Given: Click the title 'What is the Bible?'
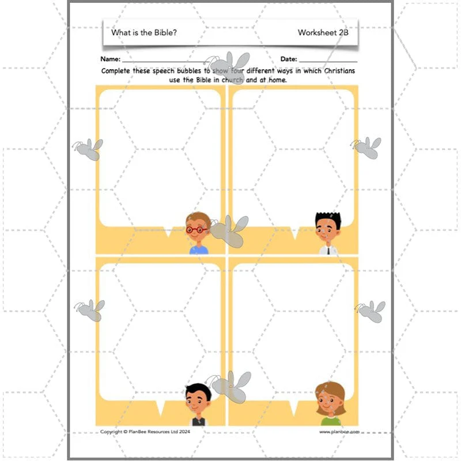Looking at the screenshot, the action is click(x=143, y=32).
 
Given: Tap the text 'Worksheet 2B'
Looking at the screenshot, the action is click(x=323, y=32).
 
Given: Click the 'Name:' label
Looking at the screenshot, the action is click(x=110, y=59).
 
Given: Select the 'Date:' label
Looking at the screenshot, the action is click(x=289, y=59).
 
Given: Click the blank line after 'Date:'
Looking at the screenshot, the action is click(x=328, y=62).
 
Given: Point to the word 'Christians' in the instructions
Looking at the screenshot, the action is click(x=339, y=71).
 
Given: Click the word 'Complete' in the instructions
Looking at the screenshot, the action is click(x=115, y=71).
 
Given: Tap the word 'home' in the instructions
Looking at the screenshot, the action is click(x=277, y=80).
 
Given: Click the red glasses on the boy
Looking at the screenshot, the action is click(x=197, y=229).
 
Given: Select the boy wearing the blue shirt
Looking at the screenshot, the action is click(x=198, y=233).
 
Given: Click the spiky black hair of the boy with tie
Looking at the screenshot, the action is click(x=328, y=218).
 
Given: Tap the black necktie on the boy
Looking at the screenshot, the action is click(x=328, y=251).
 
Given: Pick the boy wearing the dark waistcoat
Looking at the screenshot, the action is click(x=198, y=405).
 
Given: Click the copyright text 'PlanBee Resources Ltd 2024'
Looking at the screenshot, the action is click(x=159, y=432).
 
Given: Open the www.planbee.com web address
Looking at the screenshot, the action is click(x=339, y=432).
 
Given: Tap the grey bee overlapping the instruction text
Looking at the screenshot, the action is click(x=229, y=67).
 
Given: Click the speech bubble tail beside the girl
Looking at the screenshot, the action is click(x=293, y=408).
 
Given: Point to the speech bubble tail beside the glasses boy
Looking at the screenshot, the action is click(x=168, y=232).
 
